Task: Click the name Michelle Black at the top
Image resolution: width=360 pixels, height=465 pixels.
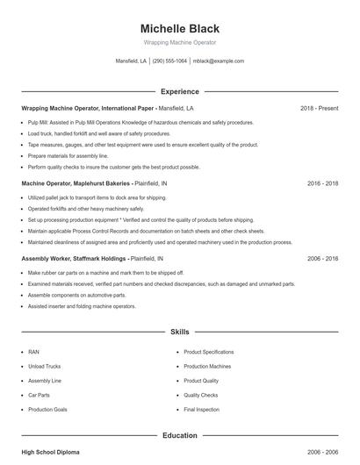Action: click(179, 28)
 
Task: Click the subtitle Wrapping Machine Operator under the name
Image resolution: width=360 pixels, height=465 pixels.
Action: click(179, 42)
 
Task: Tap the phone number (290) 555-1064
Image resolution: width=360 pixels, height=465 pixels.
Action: click(169, 61)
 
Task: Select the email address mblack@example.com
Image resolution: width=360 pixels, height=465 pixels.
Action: click(218, 61)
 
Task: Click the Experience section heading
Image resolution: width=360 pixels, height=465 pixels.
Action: click(179, 91)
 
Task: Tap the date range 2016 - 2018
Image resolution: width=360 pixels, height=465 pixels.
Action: click(322, 183)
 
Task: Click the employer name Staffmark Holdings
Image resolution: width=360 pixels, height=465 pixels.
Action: click(97, 259)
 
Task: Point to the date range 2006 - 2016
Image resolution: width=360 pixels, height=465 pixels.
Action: click(322, 259)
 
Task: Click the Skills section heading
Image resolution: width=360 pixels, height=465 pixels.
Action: click(179, 333)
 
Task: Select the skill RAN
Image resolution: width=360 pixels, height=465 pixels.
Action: click(33, 352)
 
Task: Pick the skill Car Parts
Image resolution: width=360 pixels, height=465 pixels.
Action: click(39, 395)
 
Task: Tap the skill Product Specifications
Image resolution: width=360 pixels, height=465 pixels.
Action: click(208, 352)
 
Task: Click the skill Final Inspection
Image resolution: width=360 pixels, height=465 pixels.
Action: click(201, 410)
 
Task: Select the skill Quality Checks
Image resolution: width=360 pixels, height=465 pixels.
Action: click(201, 395)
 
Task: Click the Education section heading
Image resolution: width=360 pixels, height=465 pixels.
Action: click(179, 434)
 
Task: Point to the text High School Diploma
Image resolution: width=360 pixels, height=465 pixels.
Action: click(50, 451)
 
